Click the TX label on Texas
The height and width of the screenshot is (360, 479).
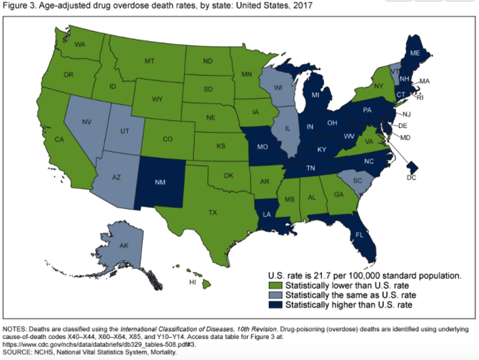[x=212, y=212]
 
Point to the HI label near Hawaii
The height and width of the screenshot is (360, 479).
[x=193, y=283]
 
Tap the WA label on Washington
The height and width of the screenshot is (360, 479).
[x=79, y=45]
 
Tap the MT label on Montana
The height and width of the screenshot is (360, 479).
[x=150, y=62]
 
